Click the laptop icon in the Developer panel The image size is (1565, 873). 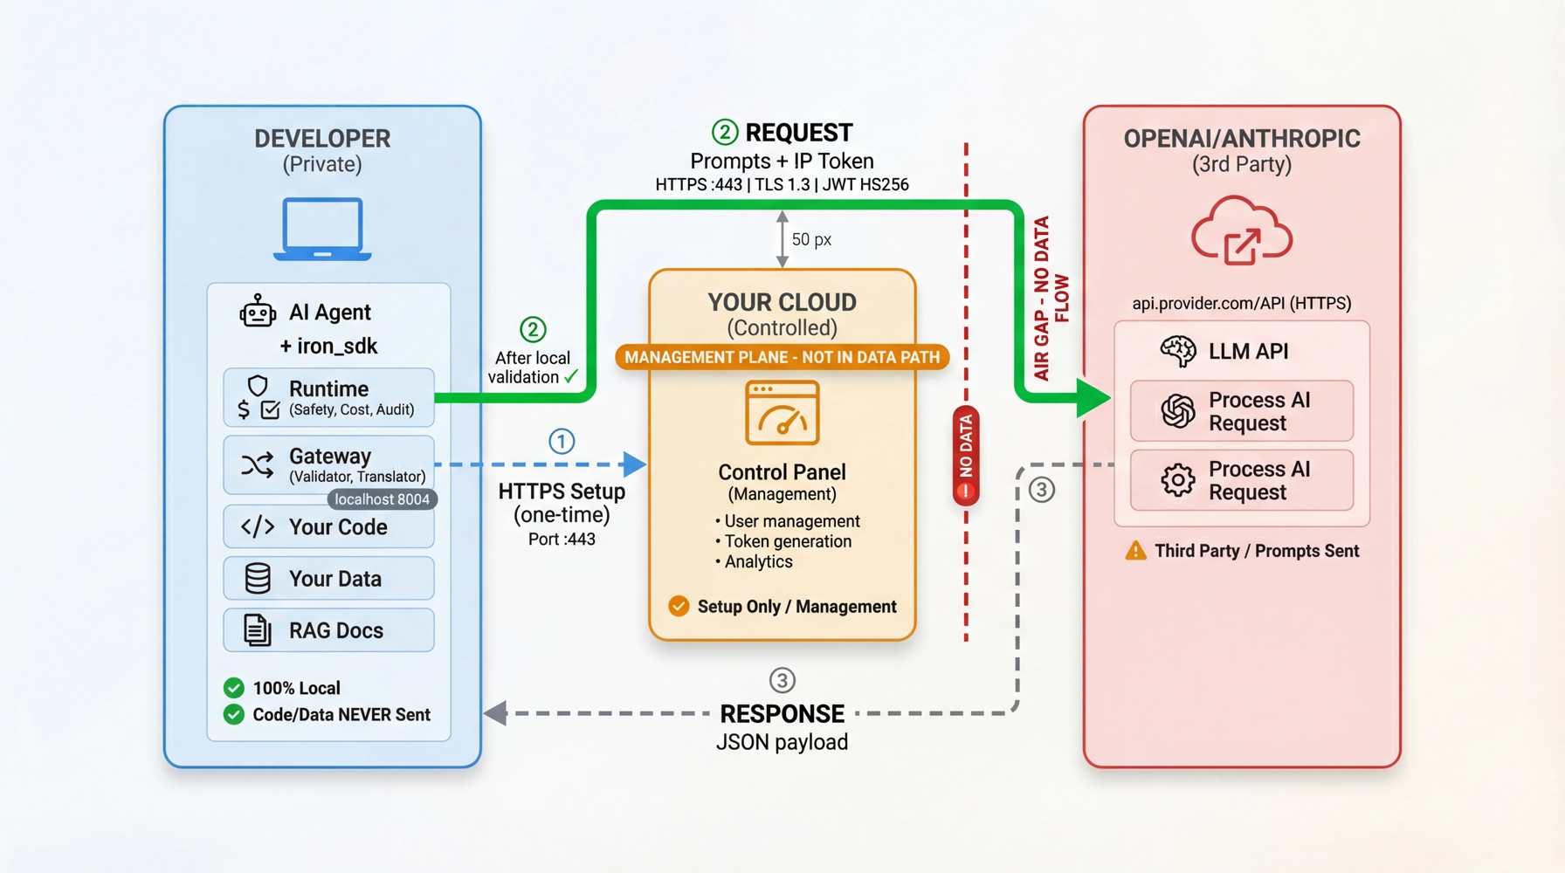coord(322,229)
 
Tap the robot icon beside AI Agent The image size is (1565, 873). coord(258,312)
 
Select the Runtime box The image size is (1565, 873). coord(328,398)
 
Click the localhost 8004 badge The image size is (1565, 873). coord(382,499)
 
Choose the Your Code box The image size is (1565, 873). coord(328,527)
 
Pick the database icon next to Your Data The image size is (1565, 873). coord(258,579)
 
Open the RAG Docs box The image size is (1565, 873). coord(328,630)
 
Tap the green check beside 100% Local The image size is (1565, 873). coord(234,688)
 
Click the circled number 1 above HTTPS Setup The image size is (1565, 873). coord(562,442)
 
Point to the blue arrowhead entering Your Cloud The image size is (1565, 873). coord(635,464)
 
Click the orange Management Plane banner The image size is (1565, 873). coord(782,357)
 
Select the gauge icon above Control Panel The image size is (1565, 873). coord(782,413)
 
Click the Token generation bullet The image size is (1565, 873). coord(787,541)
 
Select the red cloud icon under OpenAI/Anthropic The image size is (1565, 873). coord(1241,231)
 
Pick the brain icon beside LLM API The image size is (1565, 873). coord(1177,351)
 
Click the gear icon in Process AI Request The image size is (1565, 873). coord(1177,480)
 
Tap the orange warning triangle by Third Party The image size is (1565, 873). coord(1135,551)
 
